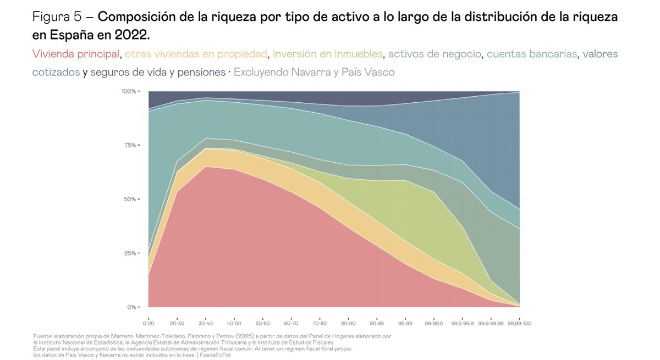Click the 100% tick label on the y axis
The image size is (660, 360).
(x=128, y=91)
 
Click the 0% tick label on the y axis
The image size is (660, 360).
(x=131, y=307)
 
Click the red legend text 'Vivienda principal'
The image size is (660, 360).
(x=76, y=54)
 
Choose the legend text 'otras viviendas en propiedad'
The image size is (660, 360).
(x=196, y=54)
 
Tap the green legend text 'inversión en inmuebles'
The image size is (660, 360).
(x=327, y=54)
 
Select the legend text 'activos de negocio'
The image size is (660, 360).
(x=435, y=54)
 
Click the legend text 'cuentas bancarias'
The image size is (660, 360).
(x=532, y=54)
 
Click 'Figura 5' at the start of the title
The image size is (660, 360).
(x=57, y=17)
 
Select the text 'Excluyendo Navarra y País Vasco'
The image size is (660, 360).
(x=314, y=73)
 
